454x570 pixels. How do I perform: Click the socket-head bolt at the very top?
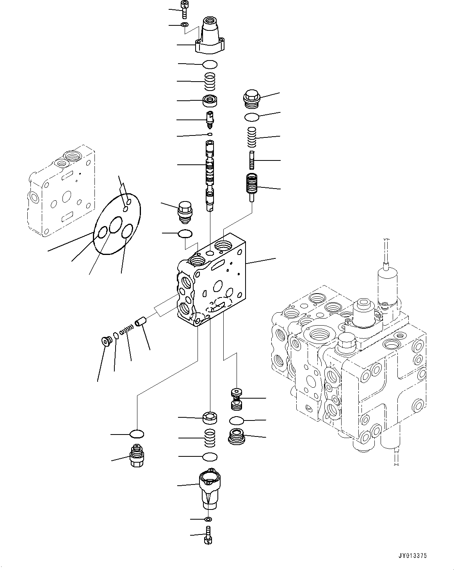(184, 9)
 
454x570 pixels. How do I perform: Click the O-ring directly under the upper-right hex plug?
(252, 117)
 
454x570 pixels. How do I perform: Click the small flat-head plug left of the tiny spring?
(105, 341)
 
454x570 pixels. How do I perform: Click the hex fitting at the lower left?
(137, 456)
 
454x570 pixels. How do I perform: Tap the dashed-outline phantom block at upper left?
(61, 191)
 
